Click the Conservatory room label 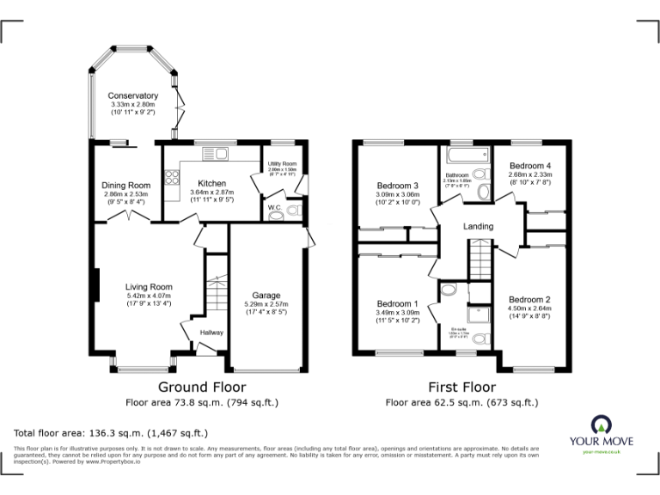point(132,95)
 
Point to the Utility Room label point(281,163)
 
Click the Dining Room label point(126,185)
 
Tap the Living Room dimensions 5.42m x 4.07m point(149,297)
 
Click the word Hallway point(211,333)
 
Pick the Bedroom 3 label point(398,186)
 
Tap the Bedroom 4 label point(529,165)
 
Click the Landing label point(478,226)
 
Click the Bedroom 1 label point(398,303)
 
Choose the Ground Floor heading point(202,387)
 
